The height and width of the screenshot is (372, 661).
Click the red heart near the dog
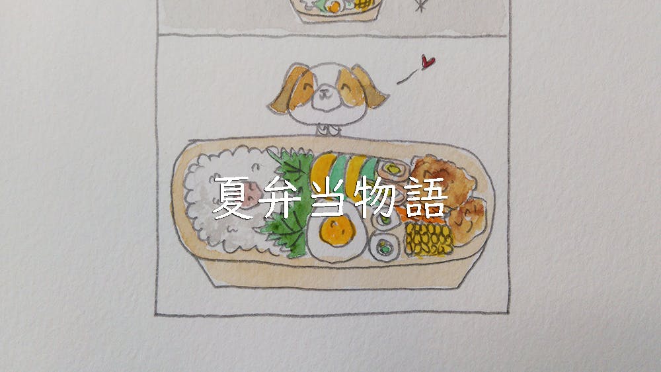tap(428, 62)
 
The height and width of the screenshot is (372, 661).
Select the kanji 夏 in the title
tap(232, 197)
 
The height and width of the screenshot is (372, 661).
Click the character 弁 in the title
tap(280, 197)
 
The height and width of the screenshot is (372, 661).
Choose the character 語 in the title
tap(424, 197)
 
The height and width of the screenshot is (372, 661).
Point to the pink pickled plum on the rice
tap(251, 196)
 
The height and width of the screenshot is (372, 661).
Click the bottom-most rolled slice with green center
tap(385, 247)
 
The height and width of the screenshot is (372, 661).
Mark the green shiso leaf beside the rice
tap(288, 203)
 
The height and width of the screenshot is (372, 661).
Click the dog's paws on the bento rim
tap(328, 130)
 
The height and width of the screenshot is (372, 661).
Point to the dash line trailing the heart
tap(407, 77)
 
